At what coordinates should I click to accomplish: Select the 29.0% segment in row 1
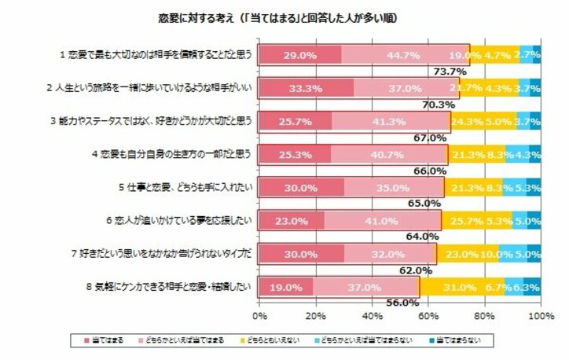tap(299, 56)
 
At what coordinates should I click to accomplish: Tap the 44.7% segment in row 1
tap(405, 56)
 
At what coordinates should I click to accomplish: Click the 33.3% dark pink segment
tap(306, 89)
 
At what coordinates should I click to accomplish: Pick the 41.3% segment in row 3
tap(390, 122)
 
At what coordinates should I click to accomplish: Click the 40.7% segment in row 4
tap(387, 155)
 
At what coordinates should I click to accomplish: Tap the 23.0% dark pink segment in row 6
tap(291, 221)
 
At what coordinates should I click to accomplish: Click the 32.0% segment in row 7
tap(390, 254)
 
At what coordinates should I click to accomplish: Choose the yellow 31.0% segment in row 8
tap(462, 287)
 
